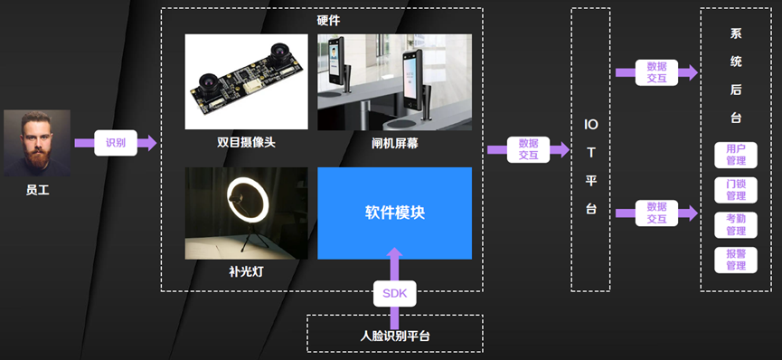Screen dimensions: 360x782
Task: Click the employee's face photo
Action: [37, 143]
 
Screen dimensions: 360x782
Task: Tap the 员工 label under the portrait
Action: [37, 191]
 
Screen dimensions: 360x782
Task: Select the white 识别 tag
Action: [116, 143]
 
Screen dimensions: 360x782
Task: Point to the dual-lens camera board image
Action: [246, 82]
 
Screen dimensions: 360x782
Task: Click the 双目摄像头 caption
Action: [246, 143]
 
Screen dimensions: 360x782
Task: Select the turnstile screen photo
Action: [394, 82]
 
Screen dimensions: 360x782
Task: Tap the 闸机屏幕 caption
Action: [394, 143]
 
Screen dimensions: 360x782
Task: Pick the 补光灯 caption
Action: [246, 270]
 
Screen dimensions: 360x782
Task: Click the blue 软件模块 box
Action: [394, 213]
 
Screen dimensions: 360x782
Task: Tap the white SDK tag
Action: [394, 294]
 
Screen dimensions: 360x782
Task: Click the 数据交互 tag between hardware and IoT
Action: [528, 149]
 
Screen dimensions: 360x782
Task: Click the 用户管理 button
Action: [735, 155]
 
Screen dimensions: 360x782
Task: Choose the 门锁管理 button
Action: [735, 190]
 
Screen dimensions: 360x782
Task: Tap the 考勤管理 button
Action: [735, 224]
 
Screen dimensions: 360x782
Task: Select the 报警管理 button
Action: [735, 260]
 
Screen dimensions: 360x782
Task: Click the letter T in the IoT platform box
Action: [590, 153]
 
